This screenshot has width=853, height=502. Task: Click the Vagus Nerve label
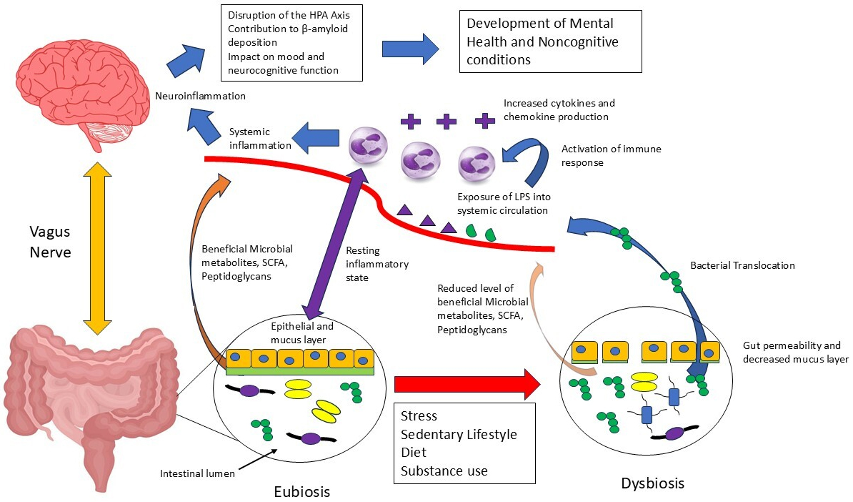[x=50, y=242]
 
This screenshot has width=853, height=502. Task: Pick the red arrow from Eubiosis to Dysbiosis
[x=468, y=384]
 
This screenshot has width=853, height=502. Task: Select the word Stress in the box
[x=419, y=415]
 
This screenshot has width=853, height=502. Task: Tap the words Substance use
[x=444, y=471]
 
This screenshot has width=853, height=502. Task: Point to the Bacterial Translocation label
[x=742, y=265]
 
